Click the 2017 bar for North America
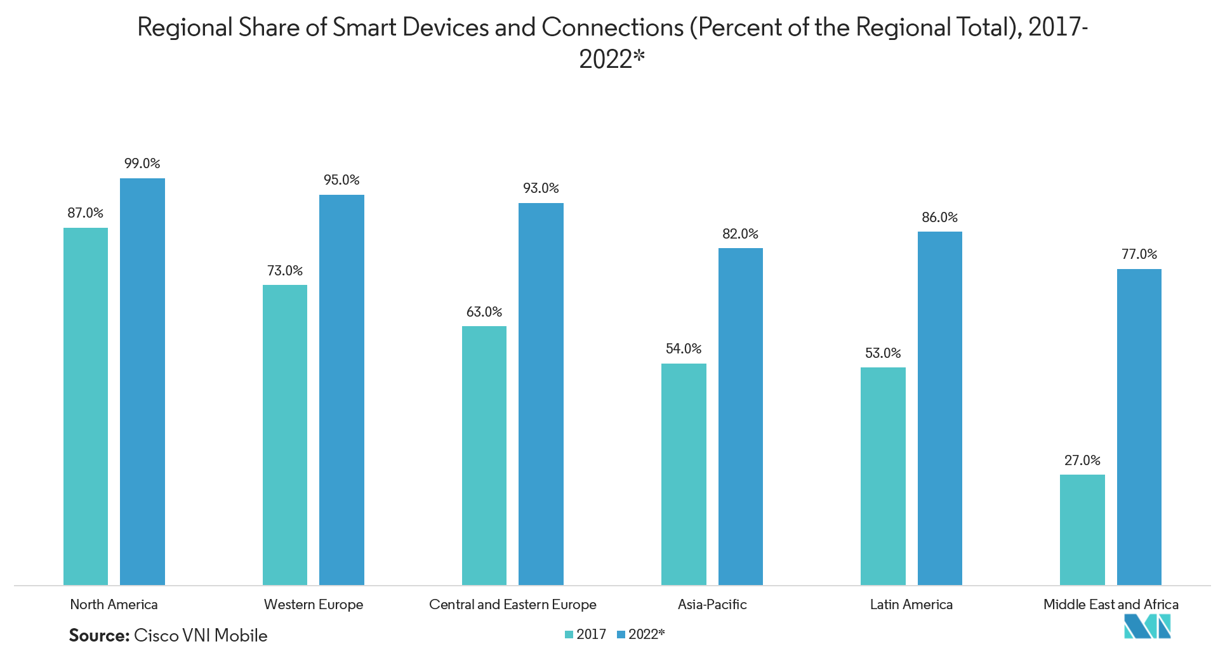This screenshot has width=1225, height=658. pos(86,406)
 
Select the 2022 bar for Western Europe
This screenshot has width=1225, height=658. pos(341,390)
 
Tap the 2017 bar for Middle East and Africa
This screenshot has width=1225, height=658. pos(1082,530)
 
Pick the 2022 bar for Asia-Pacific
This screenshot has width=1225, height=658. pos(740,416)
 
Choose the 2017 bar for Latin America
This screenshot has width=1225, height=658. pos(883,476)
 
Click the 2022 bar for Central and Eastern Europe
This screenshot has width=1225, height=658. pos(541,393)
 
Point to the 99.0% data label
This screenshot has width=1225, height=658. pos(142,164)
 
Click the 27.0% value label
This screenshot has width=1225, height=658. pos(1082,461)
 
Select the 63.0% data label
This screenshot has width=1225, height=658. pos(484,312)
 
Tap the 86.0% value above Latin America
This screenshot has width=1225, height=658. pos(939,218)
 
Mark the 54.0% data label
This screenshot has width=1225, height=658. pos(684,349)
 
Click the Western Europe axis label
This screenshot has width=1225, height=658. pos(314,605)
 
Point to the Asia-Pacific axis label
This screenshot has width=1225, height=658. pos(712,605)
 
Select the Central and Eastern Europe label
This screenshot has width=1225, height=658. pos(513,605)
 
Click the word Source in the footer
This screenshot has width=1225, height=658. pos(98,636)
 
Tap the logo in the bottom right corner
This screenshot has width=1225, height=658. pos(1147,626)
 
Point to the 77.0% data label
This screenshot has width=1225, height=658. pos(1139,254)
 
